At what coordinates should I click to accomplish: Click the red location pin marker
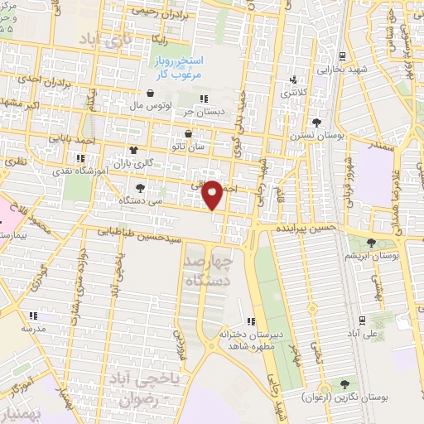click(213, 194)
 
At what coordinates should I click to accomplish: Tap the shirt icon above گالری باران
click(132, 150)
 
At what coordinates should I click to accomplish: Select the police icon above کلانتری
click(294, 80)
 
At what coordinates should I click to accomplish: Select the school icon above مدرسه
click(32, 316)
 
